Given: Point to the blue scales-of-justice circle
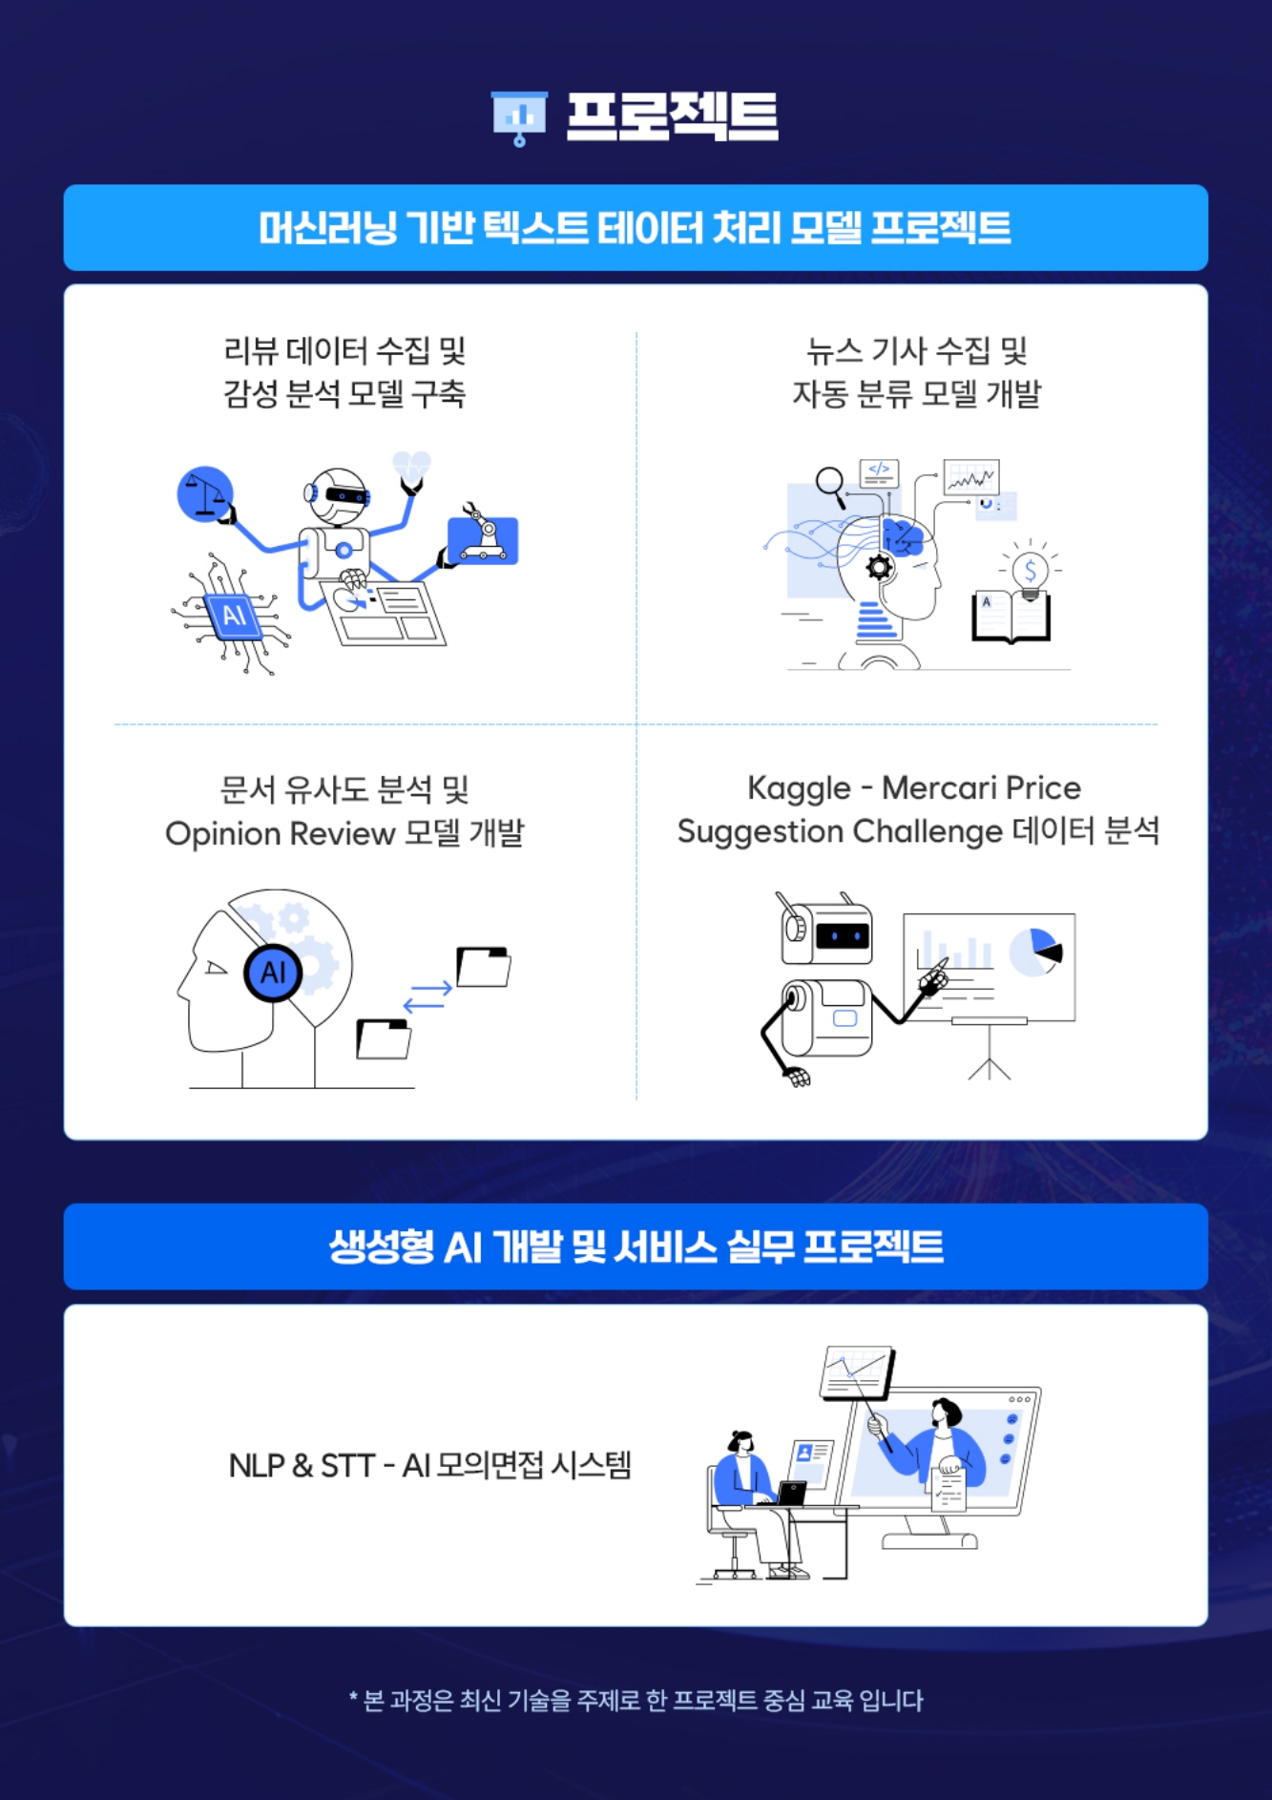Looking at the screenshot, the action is coord(205,494).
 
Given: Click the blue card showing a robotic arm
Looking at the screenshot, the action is coord(483,539).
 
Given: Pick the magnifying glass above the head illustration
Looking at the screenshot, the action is coord(831,484).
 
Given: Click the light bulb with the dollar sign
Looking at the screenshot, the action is coord(1030,571).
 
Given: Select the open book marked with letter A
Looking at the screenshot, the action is coord(1011,617).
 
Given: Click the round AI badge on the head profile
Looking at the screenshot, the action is coord(273,973).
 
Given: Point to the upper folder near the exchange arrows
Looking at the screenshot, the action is coord(484,967).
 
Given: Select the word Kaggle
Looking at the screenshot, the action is coord(799,788).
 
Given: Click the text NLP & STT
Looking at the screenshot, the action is coord(301,1465).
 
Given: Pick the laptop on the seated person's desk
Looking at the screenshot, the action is coord(792,1493).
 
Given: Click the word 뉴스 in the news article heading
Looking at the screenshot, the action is coord(835,351).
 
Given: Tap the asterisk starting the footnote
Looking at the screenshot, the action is coord(353,1697).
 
